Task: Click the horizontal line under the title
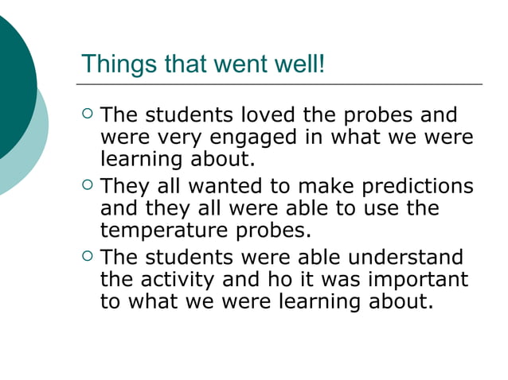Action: pos(279,84)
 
